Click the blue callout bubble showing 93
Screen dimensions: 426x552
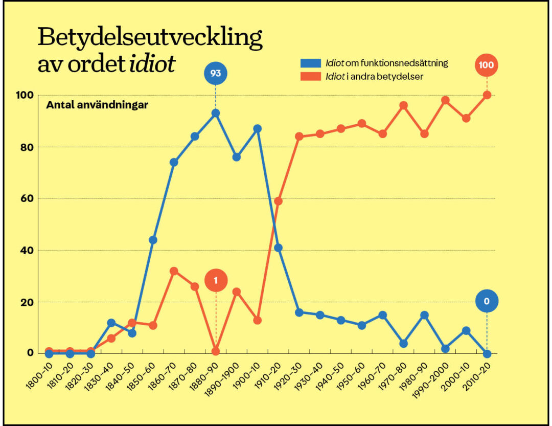(215, 74)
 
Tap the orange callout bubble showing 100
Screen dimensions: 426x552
(487, 65)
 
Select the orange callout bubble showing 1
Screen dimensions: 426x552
(215, 280)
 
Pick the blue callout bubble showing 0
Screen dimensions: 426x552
(487, 301)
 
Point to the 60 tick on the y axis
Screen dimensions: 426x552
(27, 198)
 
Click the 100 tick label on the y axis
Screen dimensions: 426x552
(25, 95)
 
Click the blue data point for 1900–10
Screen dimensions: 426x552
(257, 128)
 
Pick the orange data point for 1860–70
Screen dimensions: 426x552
(174, 271)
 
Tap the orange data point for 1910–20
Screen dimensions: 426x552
(278, 201)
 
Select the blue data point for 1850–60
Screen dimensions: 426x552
(153, 240)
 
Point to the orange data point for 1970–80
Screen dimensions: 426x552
(403, 105)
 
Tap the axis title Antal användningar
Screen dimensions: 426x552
(97, 105)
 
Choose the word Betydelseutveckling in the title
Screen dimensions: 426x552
(150, 39)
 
